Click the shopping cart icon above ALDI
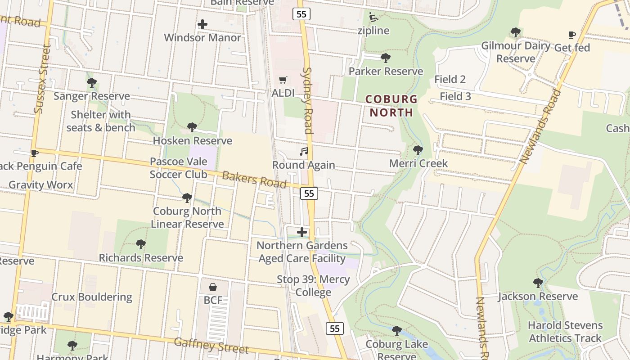tap(283, 80)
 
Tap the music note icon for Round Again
tap(304, 152)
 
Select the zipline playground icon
tap(373, 17)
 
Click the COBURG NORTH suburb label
tap(391, 106)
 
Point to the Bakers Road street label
tap(254, 180)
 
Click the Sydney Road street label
tap(307, 100)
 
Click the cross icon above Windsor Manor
tap(202, 24)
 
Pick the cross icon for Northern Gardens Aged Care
tap(302, 232)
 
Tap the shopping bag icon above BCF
tap(212, 287)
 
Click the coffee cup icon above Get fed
tap(571, 35)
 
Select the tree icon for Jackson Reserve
tap(538, 283)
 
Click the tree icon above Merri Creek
tap(418, 150)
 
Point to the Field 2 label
tap(450, 80)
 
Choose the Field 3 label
tap(455, 96)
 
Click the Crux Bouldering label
tap(92, 297)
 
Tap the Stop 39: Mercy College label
tap(313, 286)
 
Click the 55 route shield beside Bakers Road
tap(309, 193)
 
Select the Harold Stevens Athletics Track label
tap(565, 332)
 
